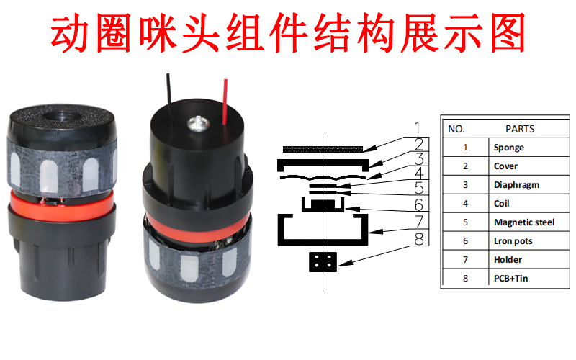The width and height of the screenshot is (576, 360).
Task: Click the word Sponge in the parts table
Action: [509, 148]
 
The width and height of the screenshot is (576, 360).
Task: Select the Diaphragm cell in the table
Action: [516, 185]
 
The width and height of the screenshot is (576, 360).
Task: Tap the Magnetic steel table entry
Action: [524, 222]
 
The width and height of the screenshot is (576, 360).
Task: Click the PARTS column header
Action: [520, 129]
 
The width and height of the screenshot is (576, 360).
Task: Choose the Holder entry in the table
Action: [508, 259]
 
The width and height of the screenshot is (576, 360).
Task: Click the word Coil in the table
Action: [503, 204]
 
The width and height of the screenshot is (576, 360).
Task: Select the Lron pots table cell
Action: [513, 241]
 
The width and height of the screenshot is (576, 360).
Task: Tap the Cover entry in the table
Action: [505, 166]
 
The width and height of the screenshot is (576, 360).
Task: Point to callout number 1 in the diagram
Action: [417, 129]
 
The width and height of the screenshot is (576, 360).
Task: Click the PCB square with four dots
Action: [322, 263]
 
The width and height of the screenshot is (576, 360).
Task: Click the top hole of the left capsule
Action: [60, 114]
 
